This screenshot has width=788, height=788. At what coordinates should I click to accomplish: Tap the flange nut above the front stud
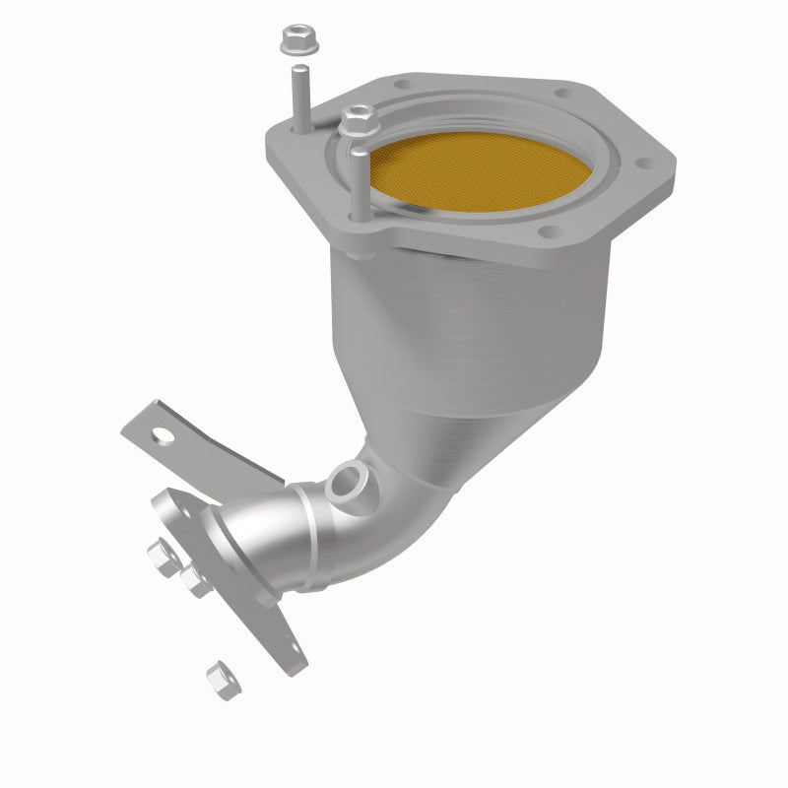[355, 122]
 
